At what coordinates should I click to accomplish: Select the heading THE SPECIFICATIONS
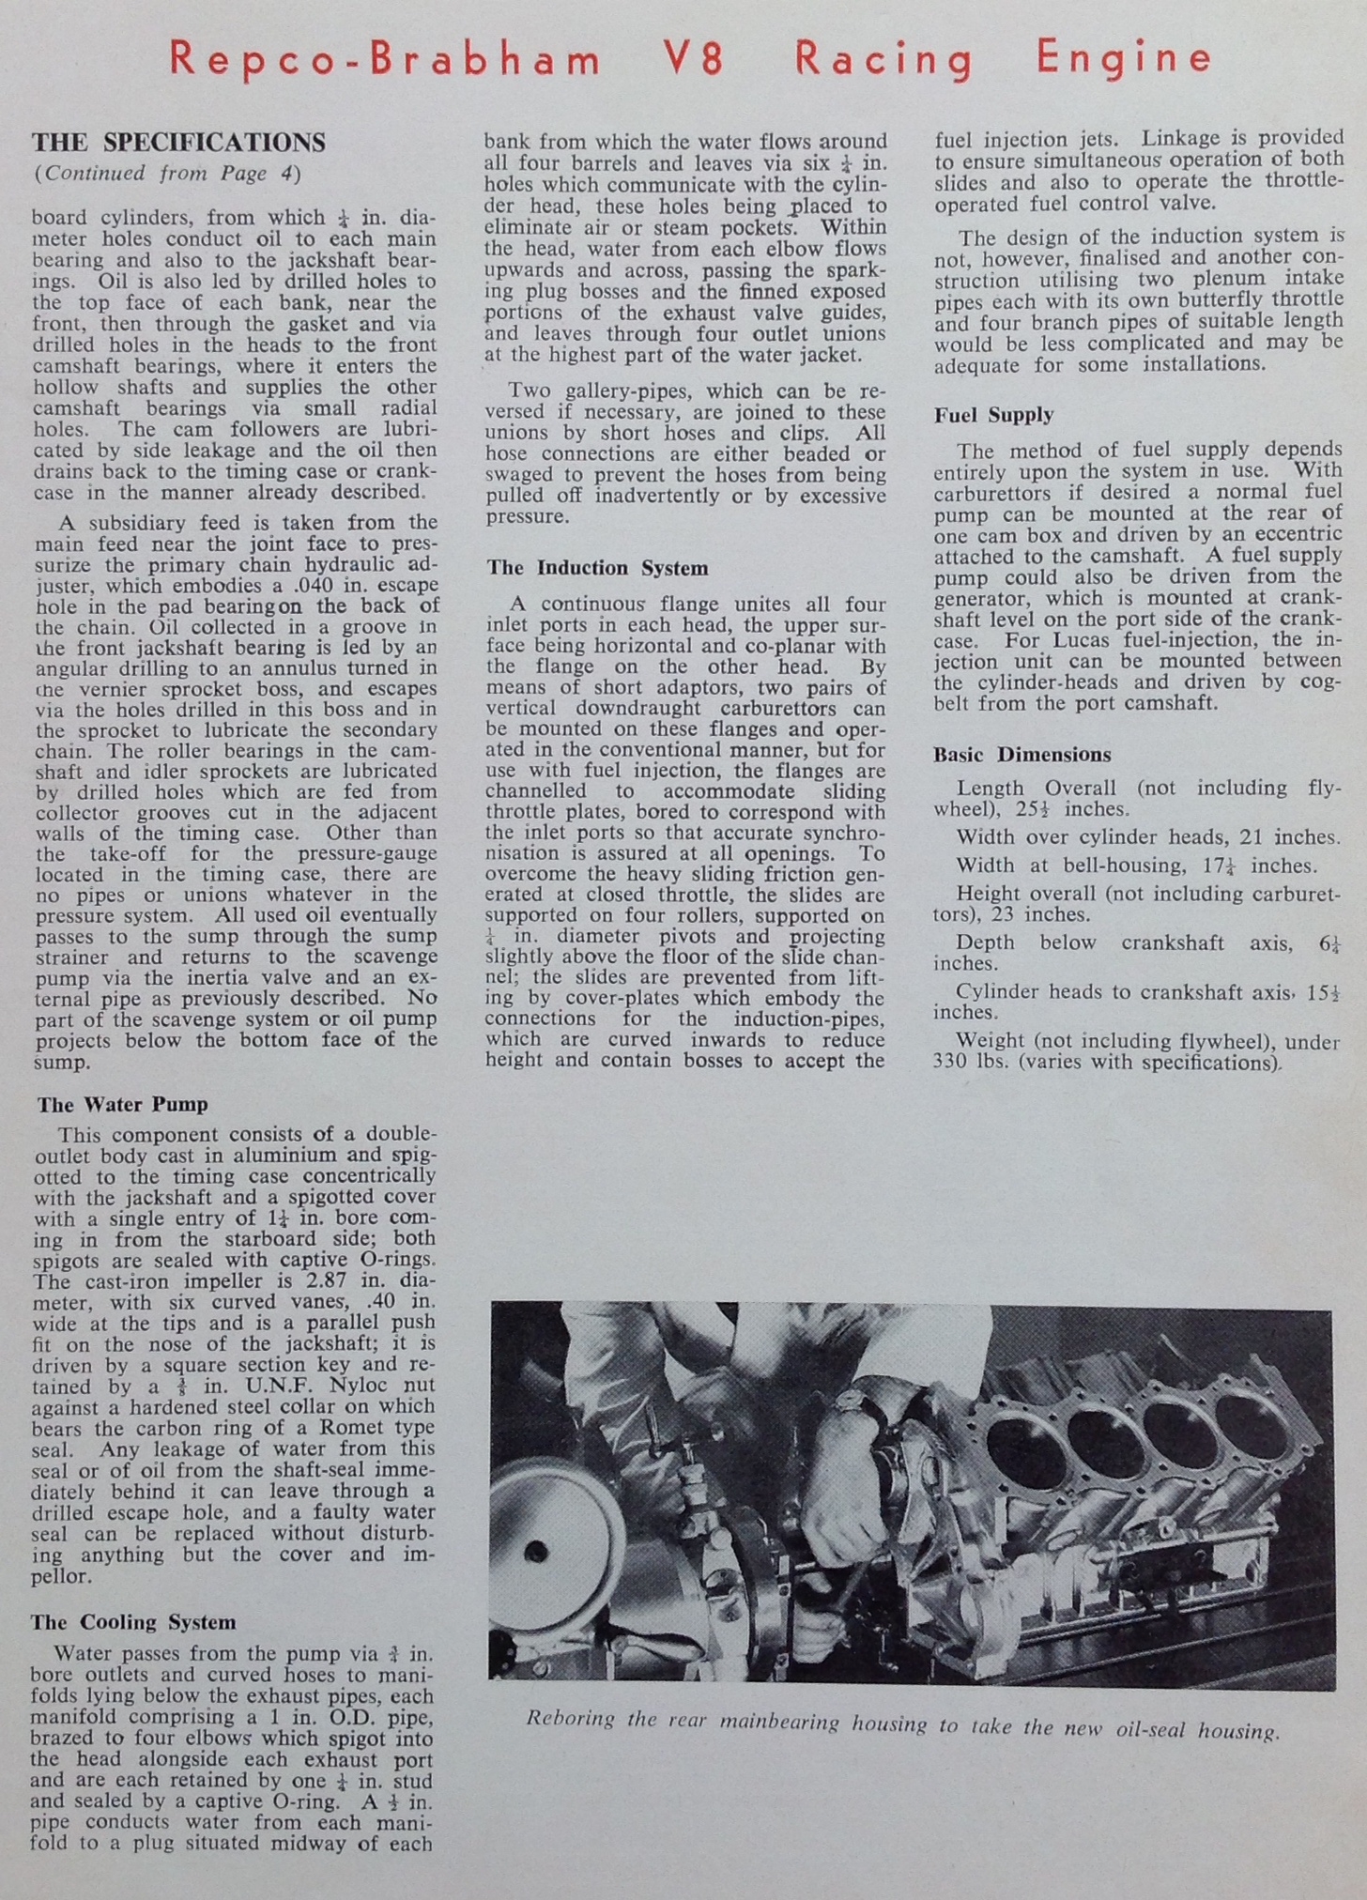[178, 143]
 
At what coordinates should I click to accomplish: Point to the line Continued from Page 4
[167, 174]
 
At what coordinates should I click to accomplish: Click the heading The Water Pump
[122, 1105]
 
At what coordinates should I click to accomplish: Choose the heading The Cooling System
[132, 1623]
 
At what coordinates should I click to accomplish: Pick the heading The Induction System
[597, 568]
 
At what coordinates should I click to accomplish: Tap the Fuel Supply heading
[993, 415]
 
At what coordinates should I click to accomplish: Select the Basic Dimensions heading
[1021, 755]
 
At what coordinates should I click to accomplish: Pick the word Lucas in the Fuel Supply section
[1067, 640]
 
